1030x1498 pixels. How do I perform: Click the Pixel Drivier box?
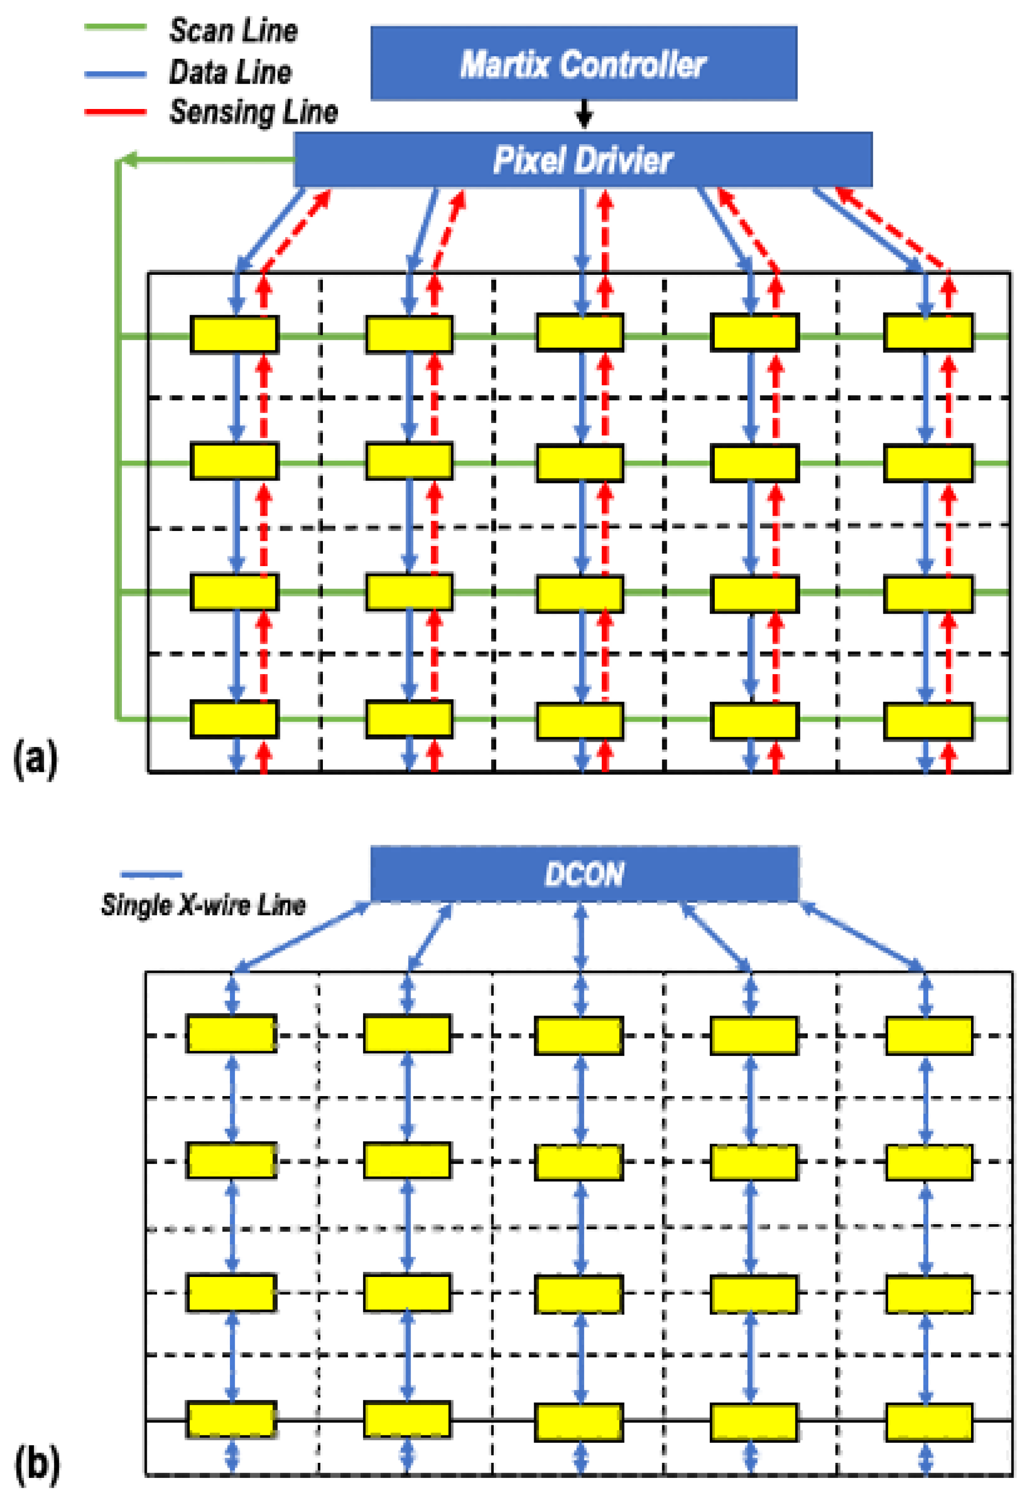coord(583,160)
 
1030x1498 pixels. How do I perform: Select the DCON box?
coord(585,874)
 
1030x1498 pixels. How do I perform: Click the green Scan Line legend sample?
coord(116,27)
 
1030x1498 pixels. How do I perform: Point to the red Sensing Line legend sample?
coord(116,112)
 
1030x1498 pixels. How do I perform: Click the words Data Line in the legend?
coord(230,72)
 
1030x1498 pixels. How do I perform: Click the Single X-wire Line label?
coord(204,905)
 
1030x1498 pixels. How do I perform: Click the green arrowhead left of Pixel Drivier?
coord(129,160)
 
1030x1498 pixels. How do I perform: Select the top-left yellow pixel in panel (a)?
coord(235,334)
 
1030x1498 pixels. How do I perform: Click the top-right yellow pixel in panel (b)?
coord(929,1035)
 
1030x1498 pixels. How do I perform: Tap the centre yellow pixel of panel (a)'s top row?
coord(580,332)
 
